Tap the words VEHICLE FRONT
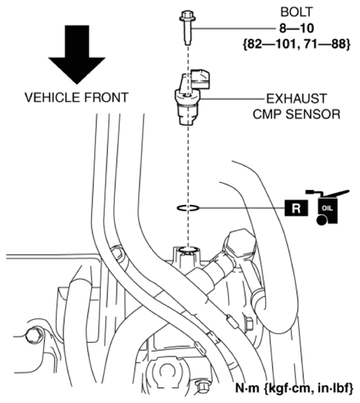(x=76, y=97)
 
